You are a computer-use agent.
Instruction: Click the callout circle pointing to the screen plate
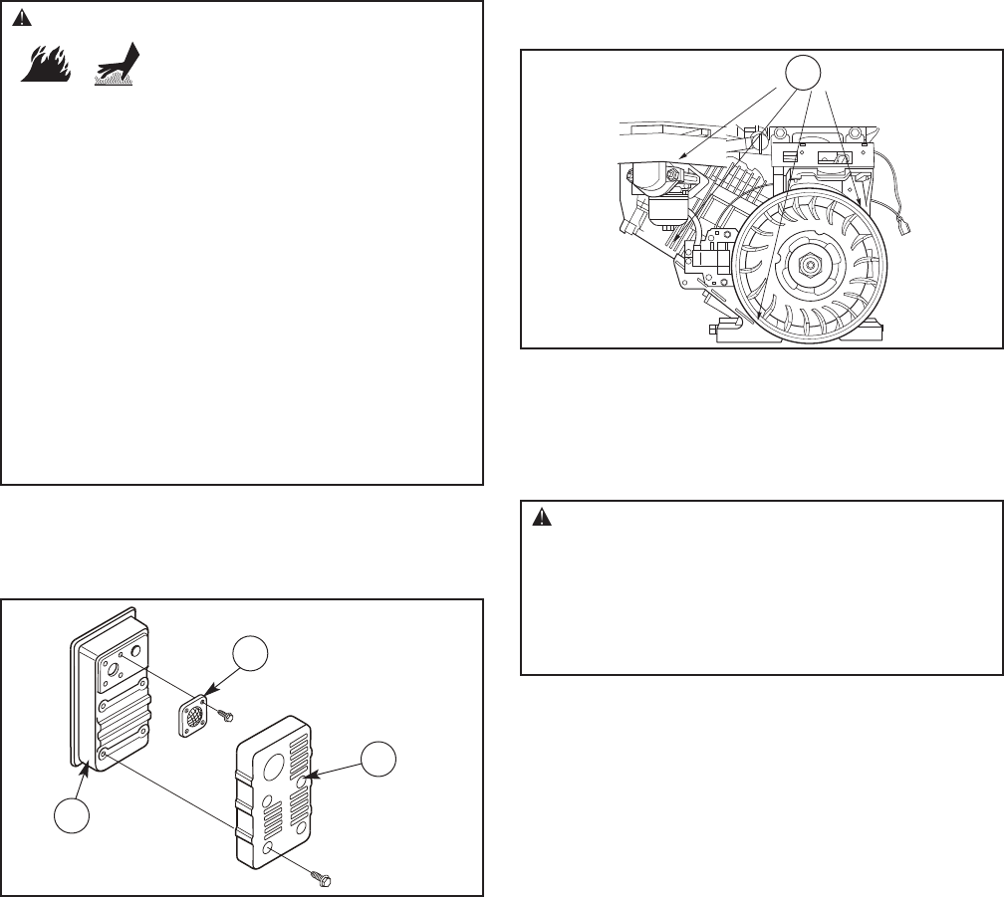[x=251, y=658]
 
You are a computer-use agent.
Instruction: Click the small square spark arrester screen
[x=196, y=714]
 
